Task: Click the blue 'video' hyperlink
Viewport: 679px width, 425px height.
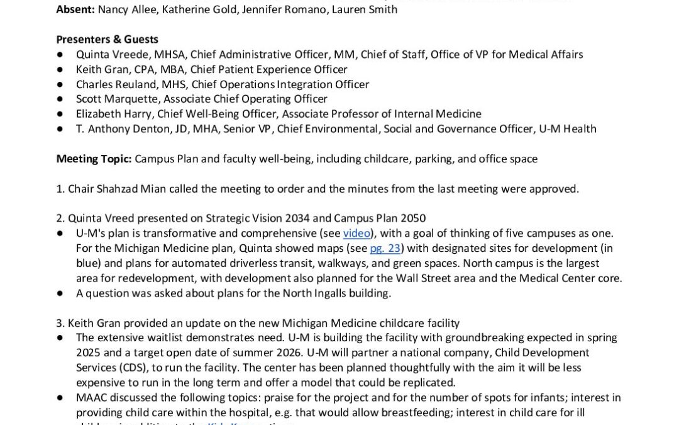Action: (356, 234)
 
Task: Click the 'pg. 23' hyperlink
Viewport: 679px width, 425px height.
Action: (385, 248)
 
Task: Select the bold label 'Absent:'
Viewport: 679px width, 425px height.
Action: (75, 9)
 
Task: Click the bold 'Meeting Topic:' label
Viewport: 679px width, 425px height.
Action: (94, 159)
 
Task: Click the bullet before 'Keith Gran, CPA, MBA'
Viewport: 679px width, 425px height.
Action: (60, 70)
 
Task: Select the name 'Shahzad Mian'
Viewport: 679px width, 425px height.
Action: (127, 189)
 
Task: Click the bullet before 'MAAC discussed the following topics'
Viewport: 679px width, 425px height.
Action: (60, 398)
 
